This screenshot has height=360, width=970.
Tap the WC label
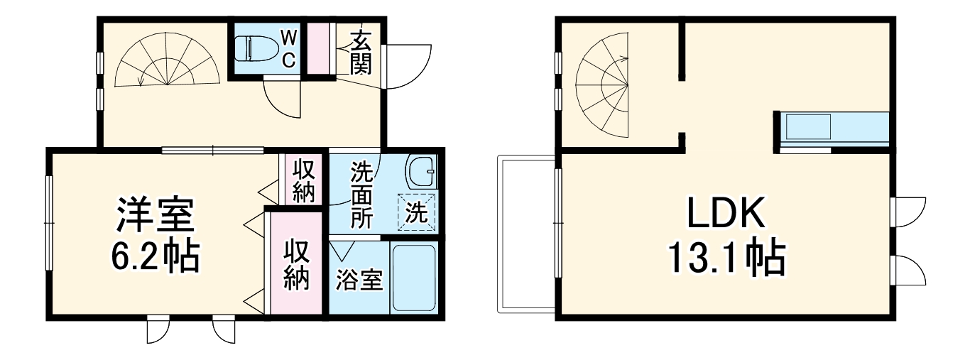pos(288,48)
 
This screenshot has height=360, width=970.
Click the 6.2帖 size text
pos(155,258)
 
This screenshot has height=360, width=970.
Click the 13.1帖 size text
pos(725,260)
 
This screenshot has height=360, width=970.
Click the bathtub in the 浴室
pos(414,278)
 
